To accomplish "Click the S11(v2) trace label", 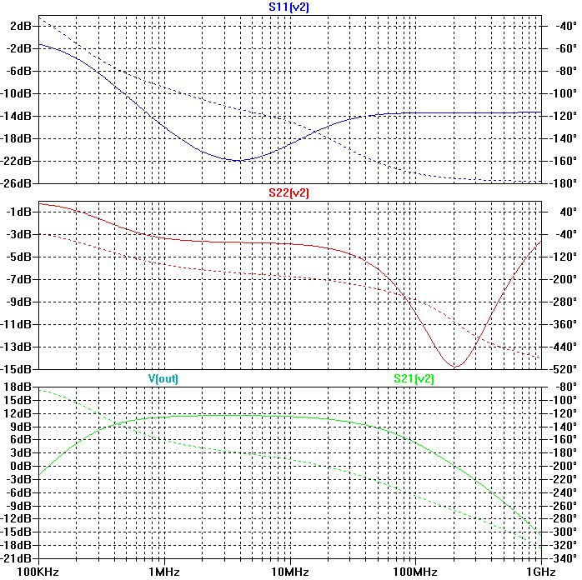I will pos(289,7).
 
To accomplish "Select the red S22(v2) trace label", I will pos(289,192).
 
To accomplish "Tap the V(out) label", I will pos(163,378).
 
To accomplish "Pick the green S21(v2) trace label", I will pos(414,378).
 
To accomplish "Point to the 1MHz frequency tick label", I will pos(164,572).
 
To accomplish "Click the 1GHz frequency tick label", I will pos(539,572).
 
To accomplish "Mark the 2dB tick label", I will pos(21,26).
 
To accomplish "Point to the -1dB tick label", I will pos(20,212).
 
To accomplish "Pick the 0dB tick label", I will pos(21,466).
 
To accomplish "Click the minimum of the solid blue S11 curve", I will pos(239,161).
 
